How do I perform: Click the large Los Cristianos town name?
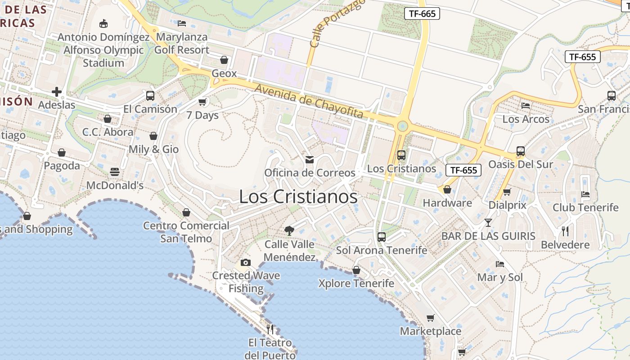pyautogui.click(x=298, y=197)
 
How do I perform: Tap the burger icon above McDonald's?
pyautogui.click(x=115, y=172)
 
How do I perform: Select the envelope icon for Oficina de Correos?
pyautogui.click(x=310, y=160)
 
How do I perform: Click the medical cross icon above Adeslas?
pyautogui.click(x=57, y=92)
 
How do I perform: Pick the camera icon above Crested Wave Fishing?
pyautogui.click(x=246, y=262)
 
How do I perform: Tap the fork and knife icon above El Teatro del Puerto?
pyautogui.click(x=270, y=329)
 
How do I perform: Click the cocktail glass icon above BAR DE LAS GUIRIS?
pyautogui.click(x=488, y=222)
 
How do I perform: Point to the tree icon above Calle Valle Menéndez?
pyautogui.click(x=289, y=231)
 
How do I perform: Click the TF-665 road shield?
pyautogui.click(x=422, y=13)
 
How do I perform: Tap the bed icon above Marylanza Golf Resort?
pyautogui.click(x=182, y=23)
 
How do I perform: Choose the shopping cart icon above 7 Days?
pyautogui.click(x=202, y=102)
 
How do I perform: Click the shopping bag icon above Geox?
pyautogui.click(x=224, y=60)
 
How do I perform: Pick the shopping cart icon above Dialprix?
pyautogui.click(x=507, y=192)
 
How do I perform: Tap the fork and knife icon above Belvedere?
pyautogui.click(x=565, y=231)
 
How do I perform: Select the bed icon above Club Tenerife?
pyautogui.click(x=585, y=194)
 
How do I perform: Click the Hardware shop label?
pyautogui.click(x=447, y=203)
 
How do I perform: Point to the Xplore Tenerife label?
pyautogui.click(x=356, y=283)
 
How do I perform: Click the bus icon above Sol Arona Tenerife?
pyautogui.click(x=382, y=237)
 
